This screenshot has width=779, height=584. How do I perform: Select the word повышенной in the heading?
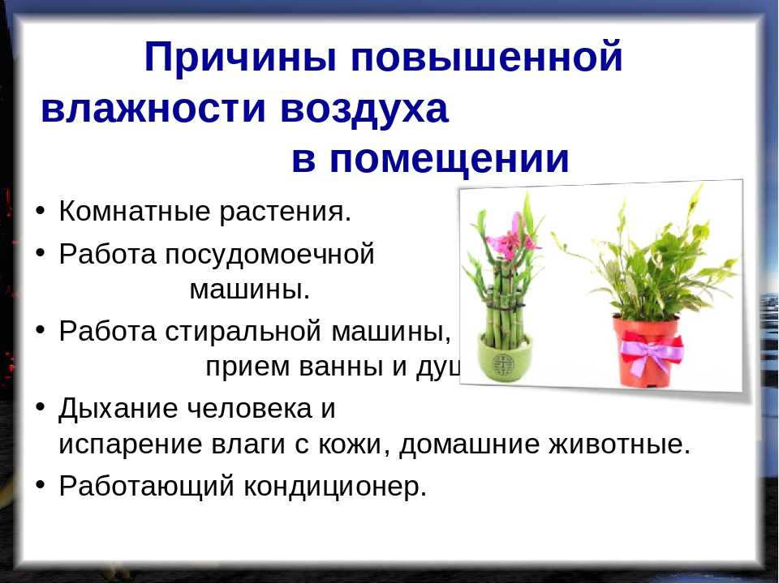tap(486, 57)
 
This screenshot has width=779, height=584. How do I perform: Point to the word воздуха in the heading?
tap(364, 110)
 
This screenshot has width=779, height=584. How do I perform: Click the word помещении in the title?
tap(449, 161)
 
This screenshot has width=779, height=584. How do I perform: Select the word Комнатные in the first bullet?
tap(135, 211)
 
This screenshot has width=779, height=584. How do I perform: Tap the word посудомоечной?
tap(269, 255)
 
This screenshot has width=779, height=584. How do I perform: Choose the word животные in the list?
tap(619, 444)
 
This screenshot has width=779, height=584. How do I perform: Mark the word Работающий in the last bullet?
tap(146, 487)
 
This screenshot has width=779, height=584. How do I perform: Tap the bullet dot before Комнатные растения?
tap(41, 210)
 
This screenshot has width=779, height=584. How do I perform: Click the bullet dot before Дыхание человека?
tap(41, 407)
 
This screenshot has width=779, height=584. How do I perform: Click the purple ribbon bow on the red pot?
tap(651, 353)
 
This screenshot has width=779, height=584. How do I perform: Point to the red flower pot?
tap(646, 353)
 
